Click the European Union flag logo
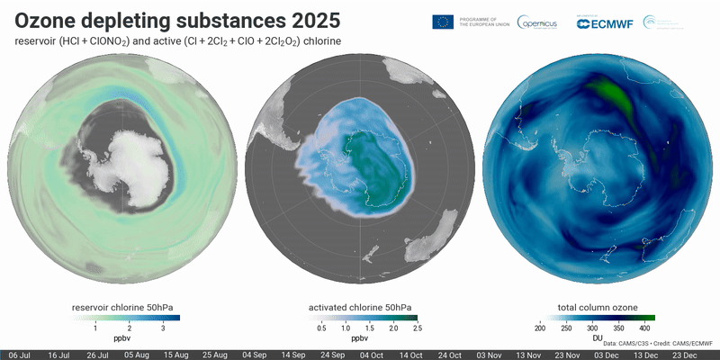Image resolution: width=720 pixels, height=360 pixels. click(x=442, y=22)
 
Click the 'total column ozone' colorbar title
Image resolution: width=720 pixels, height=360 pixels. click(x=598, y=308)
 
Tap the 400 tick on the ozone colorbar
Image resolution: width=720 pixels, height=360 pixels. click(x=644, y=329)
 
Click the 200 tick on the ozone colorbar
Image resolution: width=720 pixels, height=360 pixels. click(x=540, y=329)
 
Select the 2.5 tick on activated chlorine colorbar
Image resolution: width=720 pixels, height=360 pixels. click(x=417, y=329)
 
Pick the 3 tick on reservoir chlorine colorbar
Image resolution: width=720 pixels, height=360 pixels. click(x=163, y=329)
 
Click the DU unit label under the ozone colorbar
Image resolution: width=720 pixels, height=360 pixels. click(x=598, y=338)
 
